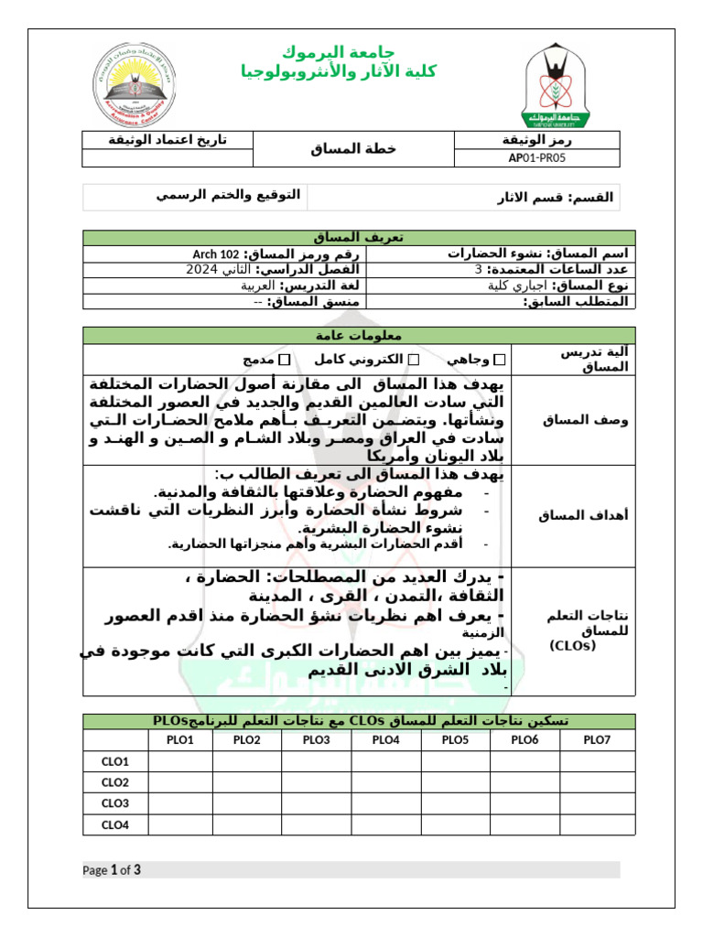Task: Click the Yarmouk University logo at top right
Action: [x=557, y=86]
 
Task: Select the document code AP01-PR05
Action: [x=537, y=157]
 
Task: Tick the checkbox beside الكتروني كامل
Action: [x=414, y=360]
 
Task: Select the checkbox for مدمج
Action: [x=286, y=360]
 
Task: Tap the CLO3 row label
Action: [x=115, y=803]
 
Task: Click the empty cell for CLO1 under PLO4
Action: [x=385, y=761]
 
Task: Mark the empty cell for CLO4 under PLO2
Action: [x=246, y=824]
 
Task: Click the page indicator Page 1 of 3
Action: [x=112, y=869]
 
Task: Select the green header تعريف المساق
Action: [x=359, y=238]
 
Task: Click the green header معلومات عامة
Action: [x=359, y=334]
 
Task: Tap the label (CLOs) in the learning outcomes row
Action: [x=573, y=645]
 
